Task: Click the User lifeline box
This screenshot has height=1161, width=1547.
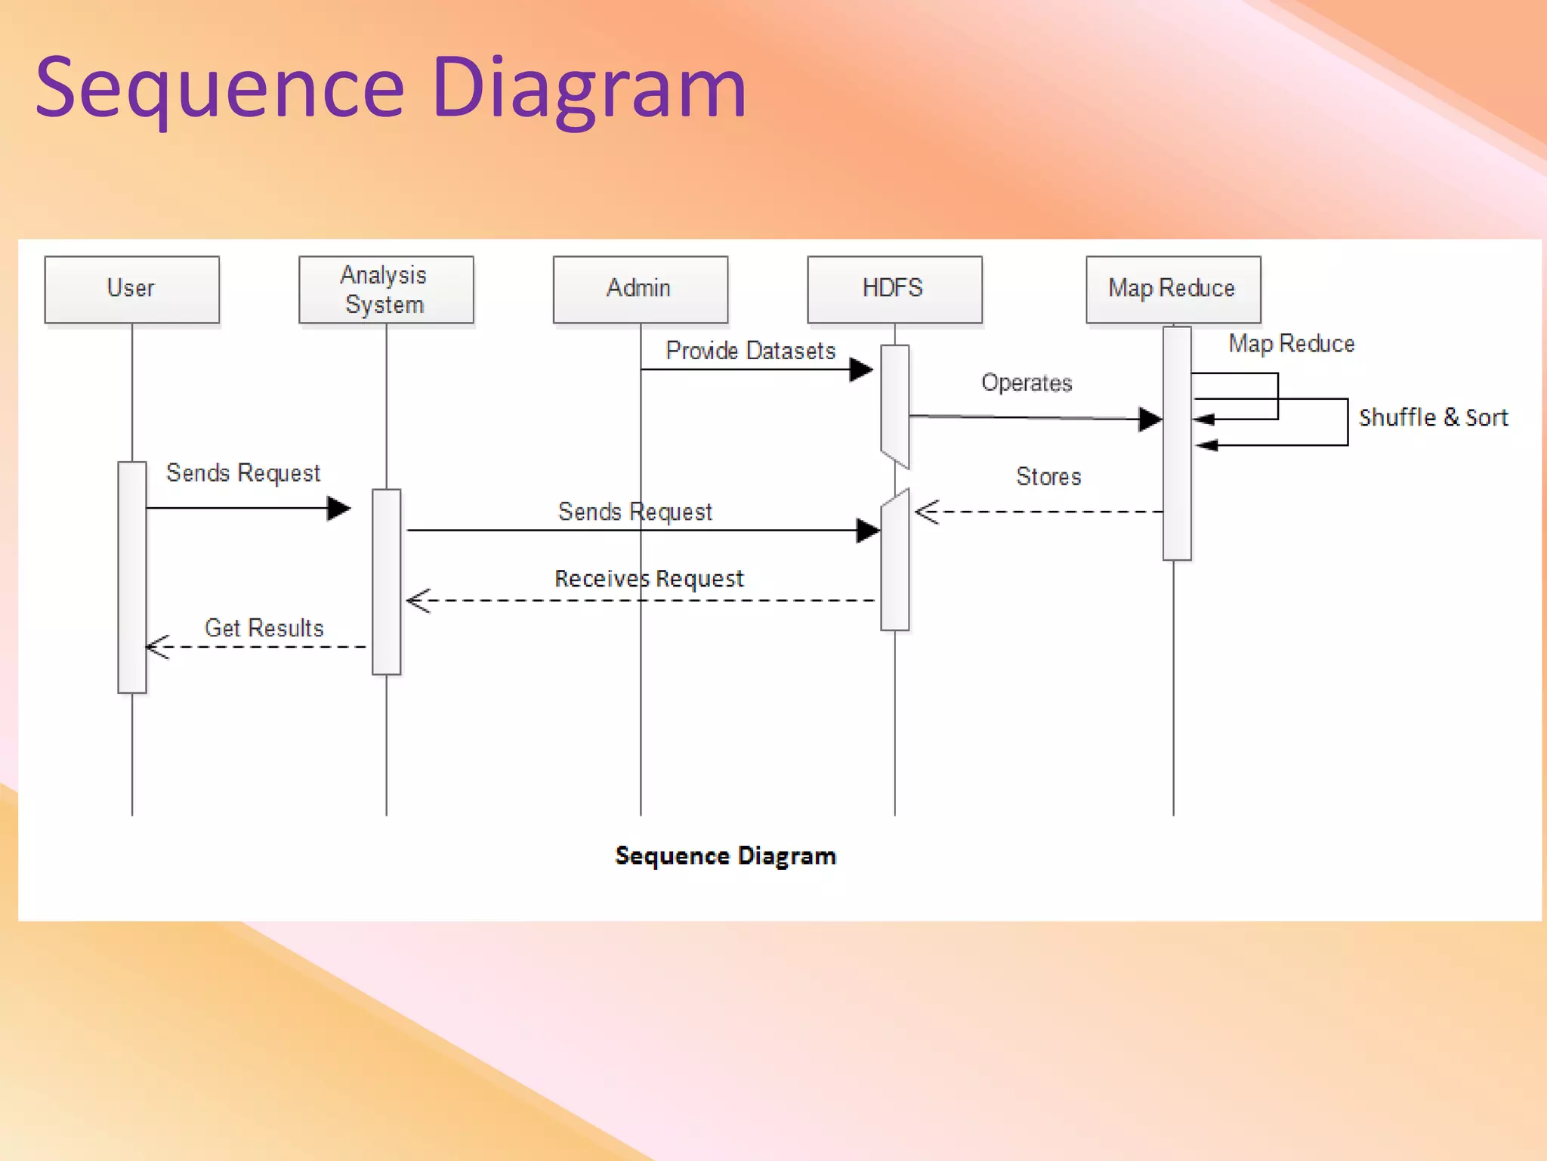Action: tap(132, 289)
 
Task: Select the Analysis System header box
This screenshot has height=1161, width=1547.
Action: tap(386, 289)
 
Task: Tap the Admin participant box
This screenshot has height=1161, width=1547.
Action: tap(640, 289)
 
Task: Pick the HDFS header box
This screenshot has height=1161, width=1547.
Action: tap(894, 289)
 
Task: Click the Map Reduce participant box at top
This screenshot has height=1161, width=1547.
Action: tap(1172, 289)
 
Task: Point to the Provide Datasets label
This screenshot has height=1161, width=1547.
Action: tap(750, 351)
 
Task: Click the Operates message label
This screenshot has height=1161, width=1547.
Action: tap(1027, 382)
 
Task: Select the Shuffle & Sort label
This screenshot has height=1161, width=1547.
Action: tap(1433, 417)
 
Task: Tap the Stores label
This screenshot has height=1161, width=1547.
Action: tap(1048, 476)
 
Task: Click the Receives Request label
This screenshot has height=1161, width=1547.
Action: tap(649, 579)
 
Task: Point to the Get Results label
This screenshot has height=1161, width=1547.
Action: tap(264, 628)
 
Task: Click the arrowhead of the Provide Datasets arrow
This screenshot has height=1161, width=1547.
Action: tap(861, 370)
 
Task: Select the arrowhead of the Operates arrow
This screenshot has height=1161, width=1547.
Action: tap(1150, 419)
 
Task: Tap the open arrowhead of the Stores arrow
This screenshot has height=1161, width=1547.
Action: tap(926, 512)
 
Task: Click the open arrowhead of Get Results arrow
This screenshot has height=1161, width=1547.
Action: tap(157, 647)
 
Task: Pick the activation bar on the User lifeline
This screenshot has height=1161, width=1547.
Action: tap(132, 577)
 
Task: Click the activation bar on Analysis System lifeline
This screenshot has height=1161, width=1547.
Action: tap(386, 581)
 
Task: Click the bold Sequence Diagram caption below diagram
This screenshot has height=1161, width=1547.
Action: tap(725, 856)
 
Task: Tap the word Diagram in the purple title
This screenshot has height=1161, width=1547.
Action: tap(589, 88)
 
